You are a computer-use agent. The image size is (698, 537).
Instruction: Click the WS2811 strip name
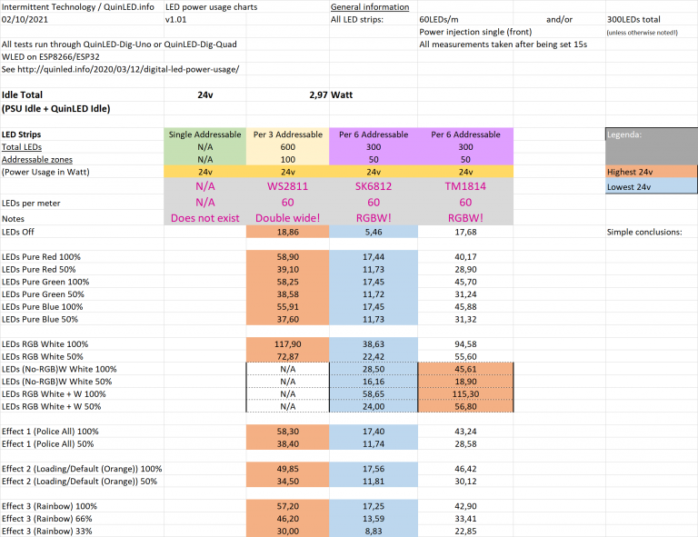click(x=287, y=185)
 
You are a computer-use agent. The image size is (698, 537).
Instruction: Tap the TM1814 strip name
click(x=465, y=185)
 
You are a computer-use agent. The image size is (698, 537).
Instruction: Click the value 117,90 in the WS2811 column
click(x=287, y=344)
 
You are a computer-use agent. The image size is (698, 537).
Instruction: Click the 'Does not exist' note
click(x=204, y=218)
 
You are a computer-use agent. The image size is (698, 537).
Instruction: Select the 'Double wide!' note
click(x=287, y=218)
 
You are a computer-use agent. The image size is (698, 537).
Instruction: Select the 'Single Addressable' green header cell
click(x=204, y=134)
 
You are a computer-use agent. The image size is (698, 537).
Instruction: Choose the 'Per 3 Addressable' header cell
click(x=287, y=134)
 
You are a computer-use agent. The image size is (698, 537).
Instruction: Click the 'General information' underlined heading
click(x=369, y=6)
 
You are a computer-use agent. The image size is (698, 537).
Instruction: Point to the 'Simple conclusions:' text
click(x=643, y=233)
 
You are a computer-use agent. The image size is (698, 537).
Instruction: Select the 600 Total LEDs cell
click(x=287, y=146)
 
